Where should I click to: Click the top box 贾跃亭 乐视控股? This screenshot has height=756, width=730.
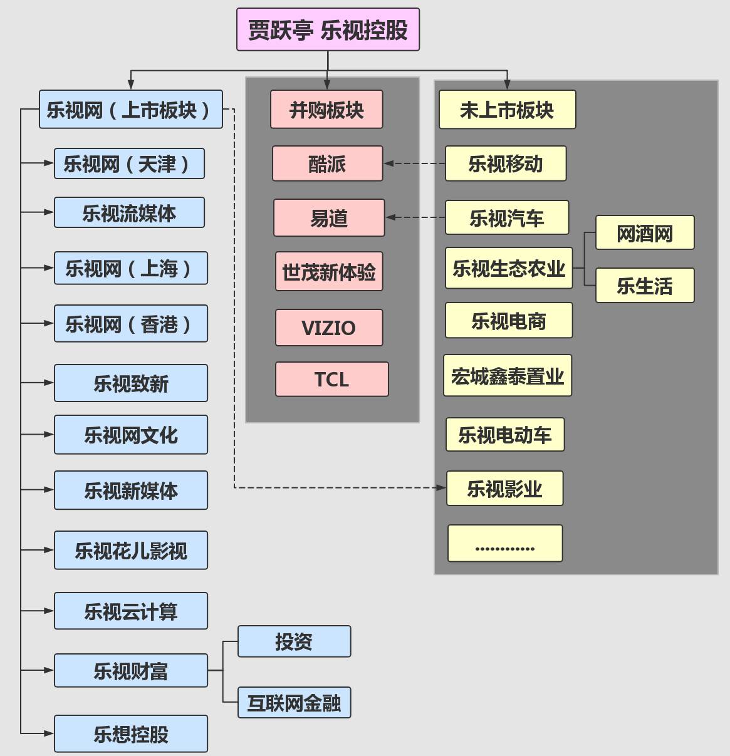[328, 29]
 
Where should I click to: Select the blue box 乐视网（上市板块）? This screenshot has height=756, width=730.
[130, 110]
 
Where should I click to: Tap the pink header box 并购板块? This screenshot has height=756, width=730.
[326, 110]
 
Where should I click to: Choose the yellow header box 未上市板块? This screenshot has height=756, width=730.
[507, 110]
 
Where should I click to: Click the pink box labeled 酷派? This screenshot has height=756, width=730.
[327, 163]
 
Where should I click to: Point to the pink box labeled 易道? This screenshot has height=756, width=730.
[329, 218]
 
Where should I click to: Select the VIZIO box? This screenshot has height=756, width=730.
[329, 328]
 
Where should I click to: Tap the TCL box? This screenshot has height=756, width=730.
[331, 380]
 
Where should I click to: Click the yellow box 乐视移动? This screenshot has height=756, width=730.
[506, 163]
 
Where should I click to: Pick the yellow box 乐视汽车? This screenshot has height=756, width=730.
[507, 218]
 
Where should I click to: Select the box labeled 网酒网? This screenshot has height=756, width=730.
[645, 233]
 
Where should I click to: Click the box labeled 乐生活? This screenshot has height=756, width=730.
[645, 286]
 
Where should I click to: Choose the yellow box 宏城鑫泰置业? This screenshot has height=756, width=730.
[508, 376]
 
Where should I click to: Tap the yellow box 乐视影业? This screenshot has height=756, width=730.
[504, 489]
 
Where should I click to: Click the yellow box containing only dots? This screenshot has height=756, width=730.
[505, 544]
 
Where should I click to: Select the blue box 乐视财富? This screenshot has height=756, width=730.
[130, 671]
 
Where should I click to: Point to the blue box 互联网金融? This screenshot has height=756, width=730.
[294, 703]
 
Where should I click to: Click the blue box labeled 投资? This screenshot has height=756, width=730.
[294, 641]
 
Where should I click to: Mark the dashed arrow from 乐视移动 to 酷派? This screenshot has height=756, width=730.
[415, 163]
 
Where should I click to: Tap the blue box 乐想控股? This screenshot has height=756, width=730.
[130, 733]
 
